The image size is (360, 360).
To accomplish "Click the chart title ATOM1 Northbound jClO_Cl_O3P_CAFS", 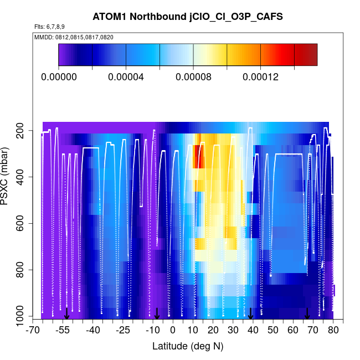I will pos(188,17).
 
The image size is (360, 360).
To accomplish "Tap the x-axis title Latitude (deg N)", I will pos(188,346).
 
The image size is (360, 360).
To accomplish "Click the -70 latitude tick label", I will pos(33,331).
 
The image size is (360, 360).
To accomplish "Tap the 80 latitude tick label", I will pos(333,331).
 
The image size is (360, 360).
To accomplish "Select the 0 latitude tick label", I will pos(173,331).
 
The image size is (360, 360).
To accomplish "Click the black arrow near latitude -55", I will pos(66,314).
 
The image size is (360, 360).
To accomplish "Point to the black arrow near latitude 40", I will pos(250,314).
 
